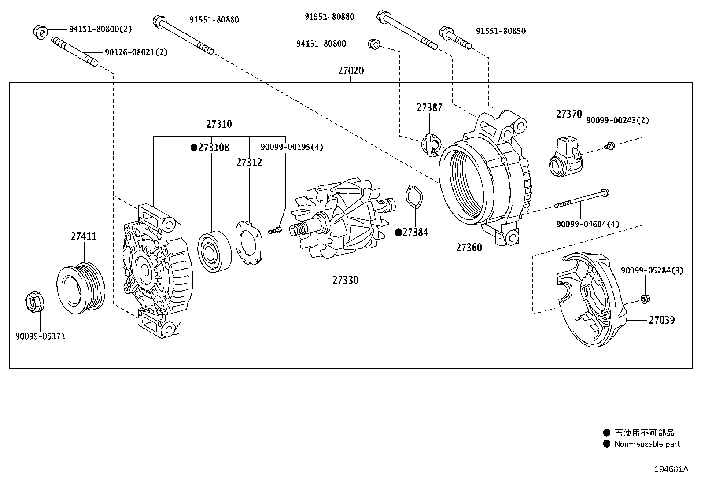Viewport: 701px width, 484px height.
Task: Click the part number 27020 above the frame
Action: click(351, 71)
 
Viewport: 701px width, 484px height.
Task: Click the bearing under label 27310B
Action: click(214, 250)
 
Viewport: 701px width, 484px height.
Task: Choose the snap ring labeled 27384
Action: click(413, 200)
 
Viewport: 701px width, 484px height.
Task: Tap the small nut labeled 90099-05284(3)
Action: click(644, 299)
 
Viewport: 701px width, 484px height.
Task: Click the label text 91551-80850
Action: click(501, 31)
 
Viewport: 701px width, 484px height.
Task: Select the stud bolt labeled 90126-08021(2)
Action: click(75, 52)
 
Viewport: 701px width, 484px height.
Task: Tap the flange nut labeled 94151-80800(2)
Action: click(39, 32)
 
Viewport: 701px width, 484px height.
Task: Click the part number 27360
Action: click(469, 248)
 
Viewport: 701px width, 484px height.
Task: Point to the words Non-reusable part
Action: click(647, 444)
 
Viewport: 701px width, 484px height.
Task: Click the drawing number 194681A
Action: click(672, 469)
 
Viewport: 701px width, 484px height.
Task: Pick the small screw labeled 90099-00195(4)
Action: click(274, 230)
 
